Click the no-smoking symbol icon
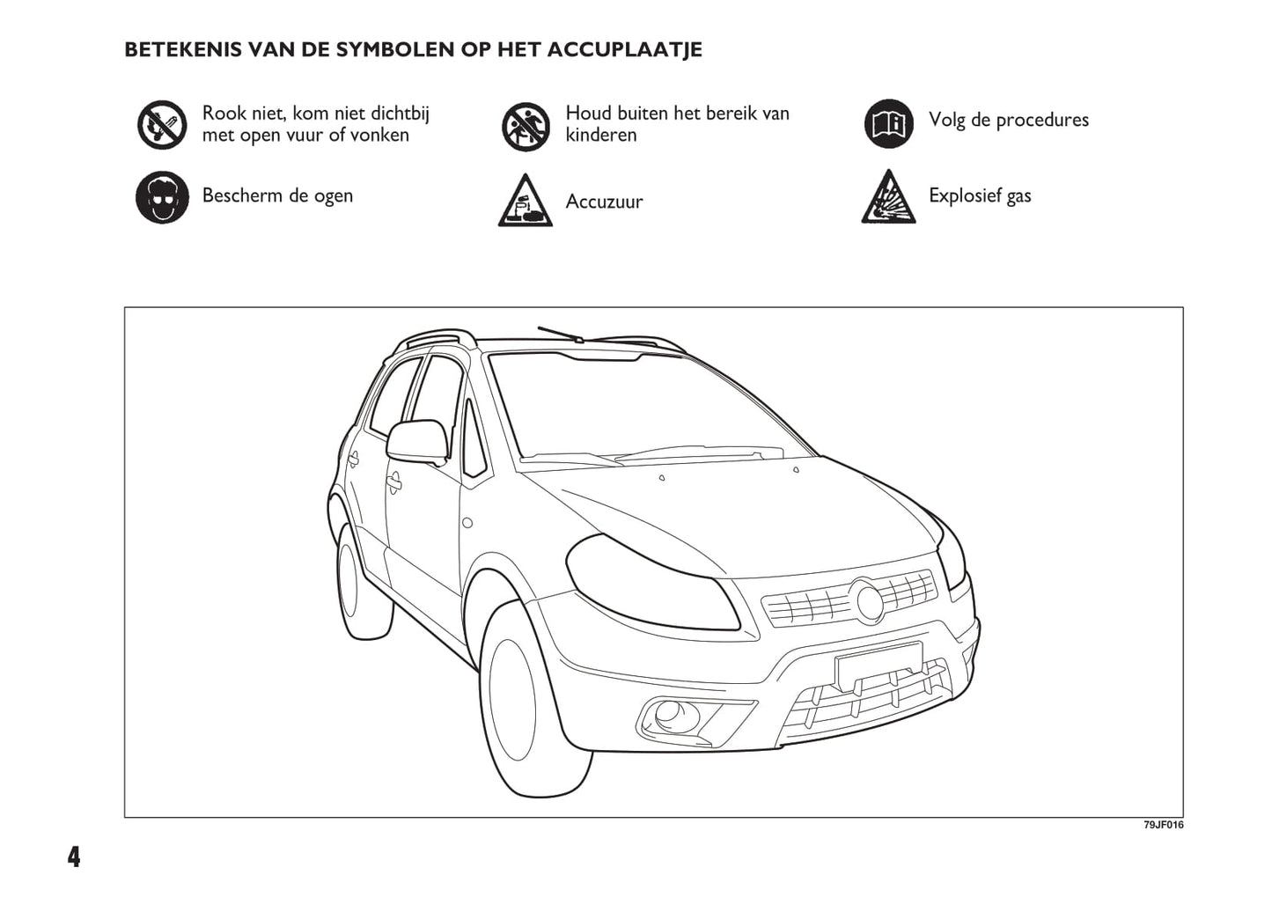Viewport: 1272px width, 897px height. click(x=162, y=124)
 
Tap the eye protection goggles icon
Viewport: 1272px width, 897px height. click(x=162, y=197)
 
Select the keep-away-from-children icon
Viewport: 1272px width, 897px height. click(x=526, y=126)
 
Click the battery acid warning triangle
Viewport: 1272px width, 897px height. click(x=526, y=202)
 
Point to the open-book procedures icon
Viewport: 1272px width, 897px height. click(x=888, y=124)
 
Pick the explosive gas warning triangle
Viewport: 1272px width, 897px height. click(x=888, y=198)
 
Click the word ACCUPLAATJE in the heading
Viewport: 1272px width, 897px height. click(x=624, y=49)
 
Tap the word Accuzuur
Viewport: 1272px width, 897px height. click(x=604, y=202)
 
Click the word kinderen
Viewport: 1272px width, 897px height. click(x=600, y=135)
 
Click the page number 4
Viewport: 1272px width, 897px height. click(x=73, y=857)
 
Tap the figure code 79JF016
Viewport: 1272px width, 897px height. click(x=1163, y=826)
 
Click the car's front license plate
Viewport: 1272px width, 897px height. click(x=879, y=665)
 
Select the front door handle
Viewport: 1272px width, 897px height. click(x=393, y=482)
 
